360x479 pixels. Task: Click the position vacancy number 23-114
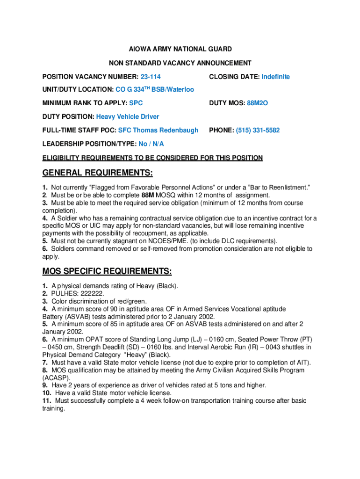pyautogui.click(x=151, y=77)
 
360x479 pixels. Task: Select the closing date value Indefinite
pyautogui.click(x=275, y=77)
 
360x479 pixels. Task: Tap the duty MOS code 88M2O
pyautogui.click(x=258, y=103)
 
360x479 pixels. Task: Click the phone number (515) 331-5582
pyautogui.click(x=258, y=131)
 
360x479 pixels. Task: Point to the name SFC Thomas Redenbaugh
pyautogui.click(x=158, y=131)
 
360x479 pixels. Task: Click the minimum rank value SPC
pyautogui.click(x=136, y=103)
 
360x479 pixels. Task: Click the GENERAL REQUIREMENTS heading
pyautogui.click(x=98, y=174)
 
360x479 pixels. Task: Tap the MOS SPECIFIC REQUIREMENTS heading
pyautogui.click(x=107, y=272)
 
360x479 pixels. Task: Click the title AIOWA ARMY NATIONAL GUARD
pyautogui.click(x=180, y=49)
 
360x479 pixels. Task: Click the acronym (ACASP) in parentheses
pyautogui.click(x=57, y=378)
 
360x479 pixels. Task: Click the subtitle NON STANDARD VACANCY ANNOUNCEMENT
pyautogui.click(x=180, y=63)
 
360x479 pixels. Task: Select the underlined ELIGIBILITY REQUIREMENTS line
pyautogui.click(x=152, y=158)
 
